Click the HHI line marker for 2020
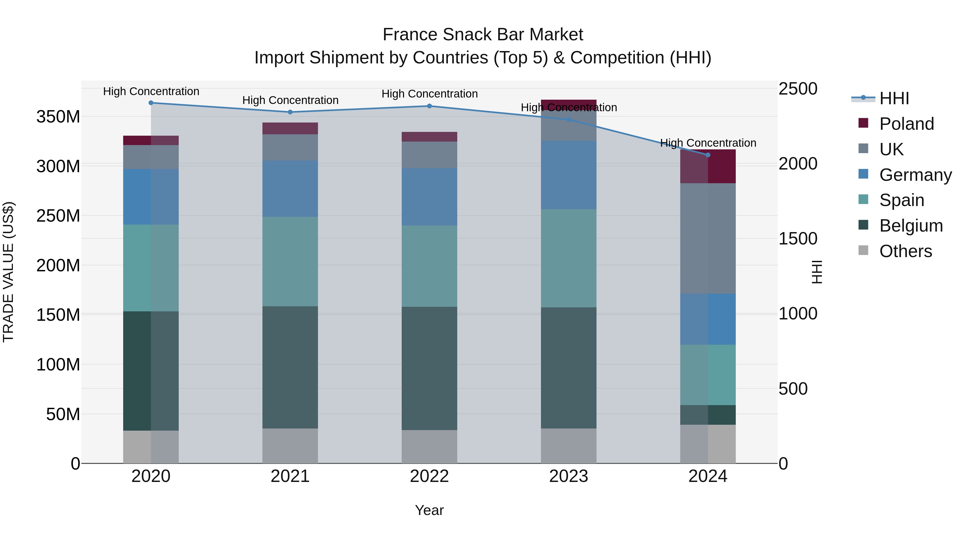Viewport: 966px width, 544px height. click(x=151, y=103)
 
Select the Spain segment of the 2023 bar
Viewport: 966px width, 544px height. click(x=569, y=258)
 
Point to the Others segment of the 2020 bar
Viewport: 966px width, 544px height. click(x=151, y=447)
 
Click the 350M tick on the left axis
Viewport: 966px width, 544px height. click(x=58, y=117)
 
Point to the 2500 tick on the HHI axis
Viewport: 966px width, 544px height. click(x=798, y=89)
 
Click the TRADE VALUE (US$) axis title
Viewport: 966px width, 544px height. click(x=8, y=272)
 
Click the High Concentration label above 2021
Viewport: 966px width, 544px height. click(x=290, y=100)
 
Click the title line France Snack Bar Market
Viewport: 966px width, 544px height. click(x=483, y=35)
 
